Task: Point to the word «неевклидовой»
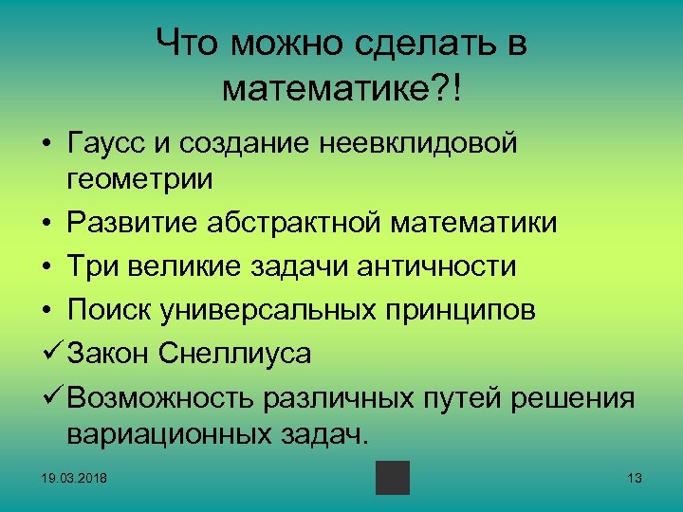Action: tap(423, 145)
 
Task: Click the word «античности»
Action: tap(436, 266)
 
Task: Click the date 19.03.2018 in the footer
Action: tap(74, 478)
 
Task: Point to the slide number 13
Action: tap(635, 478)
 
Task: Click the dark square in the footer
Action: tap(392, 478)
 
